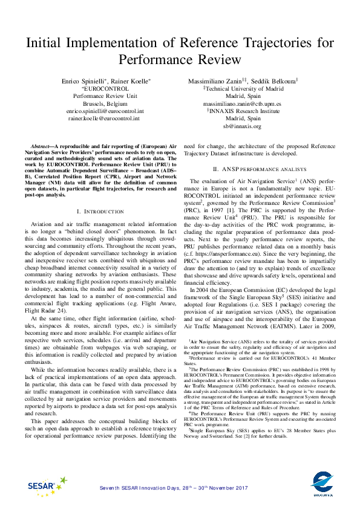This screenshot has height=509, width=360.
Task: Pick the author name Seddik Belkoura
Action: [x=278, y=81]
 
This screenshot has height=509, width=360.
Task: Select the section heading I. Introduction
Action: [x=100, y=211]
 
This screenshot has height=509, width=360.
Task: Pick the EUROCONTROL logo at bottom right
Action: [x=322, y=484]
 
